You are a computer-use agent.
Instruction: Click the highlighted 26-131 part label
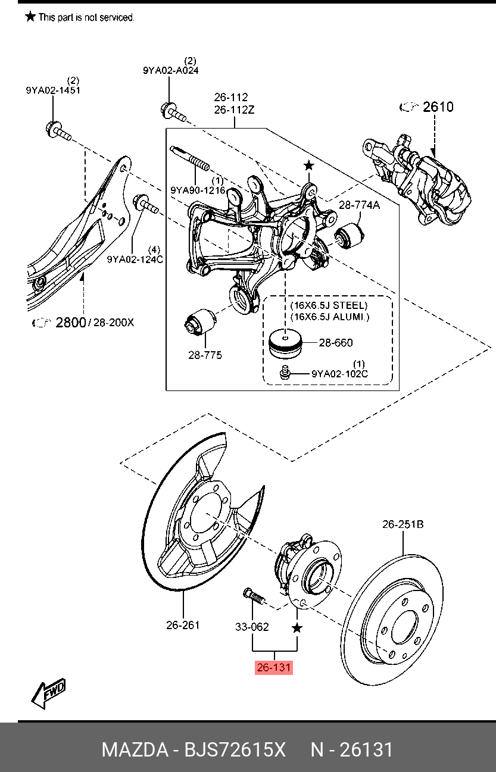click(274, 667)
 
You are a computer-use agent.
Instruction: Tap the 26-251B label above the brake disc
click(403, 524)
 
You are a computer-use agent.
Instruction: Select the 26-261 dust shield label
click(183, 625)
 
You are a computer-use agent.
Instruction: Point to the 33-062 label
click(252, 627)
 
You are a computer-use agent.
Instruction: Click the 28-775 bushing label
click(205, 355)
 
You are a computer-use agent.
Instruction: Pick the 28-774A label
click(360, 205)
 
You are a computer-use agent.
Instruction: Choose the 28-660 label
click(336, 343)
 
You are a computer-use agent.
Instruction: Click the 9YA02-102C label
click(340, 374)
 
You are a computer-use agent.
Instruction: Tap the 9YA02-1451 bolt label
click(53, 90)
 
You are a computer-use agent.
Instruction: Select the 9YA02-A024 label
click(171, 71)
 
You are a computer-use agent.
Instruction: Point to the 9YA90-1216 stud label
click(198, 190)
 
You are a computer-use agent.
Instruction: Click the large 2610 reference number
click(438, 107)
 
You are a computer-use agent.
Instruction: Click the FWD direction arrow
click(48, 694)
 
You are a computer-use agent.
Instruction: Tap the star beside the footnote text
click(30, 16)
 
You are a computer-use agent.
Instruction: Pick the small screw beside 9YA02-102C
click(285, 373)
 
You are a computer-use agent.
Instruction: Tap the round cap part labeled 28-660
click(285, 343)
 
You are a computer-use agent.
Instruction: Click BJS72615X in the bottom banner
click(235, 749)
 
